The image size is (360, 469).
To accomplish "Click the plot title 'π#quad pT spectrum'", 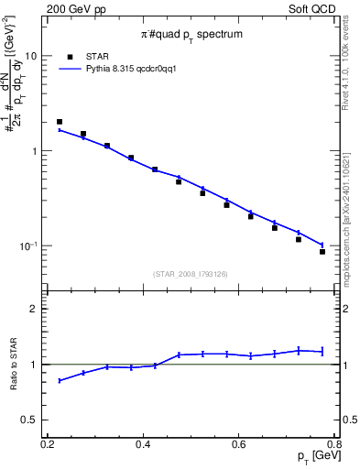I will coord(191,34).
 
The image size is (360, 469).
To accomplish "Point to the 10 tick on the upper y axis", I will coord(30,56).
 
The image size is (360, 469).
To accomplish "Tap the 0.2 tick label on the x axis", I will coord(48,444).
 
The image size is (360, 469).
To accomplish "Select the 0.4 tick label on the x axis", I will coord(143,444).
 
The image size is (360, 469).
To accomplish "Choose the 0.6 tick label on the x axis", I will coord(239,444).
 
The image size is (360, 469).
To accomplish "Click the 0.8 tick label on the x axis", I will coord(334,444).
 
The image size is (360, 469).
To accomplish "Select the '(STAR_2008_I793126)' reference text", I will coord(191,273).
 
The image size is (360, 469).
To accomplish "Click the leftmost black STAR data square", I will coord(60,122).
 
